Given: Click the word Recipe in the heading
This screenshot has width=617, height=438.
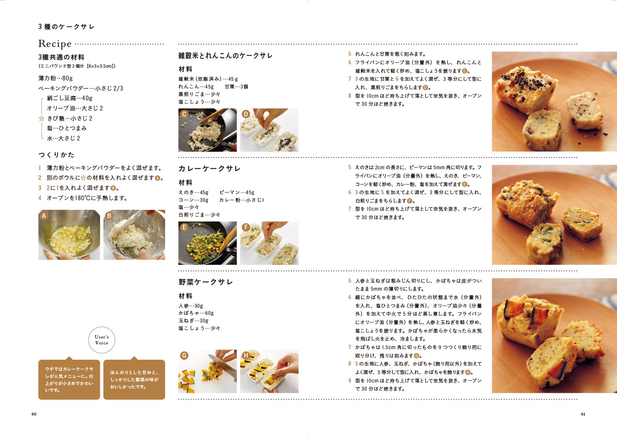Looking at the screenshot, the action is pos(55,44).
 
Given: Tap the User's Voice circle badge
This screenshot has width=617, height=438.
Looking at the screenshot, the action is pos(102,340).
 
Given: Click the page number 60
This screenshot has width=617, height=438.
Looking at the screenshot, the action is pos(34,414).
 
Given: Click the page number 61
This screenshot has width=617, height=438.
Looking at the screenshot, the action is pos(583,414).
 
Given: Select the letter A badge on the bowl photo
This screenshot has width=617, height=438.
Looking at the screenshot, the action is pos(44,216).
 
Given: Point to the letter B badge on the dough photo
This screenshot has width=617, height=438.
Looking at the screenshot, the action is pos(109,216).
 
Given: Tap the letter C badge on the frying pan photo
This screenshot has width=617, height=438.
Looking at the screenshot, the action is pos(184,114).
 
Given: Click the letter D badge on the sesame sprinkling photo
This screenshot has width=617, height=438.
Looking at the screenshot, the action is pos(246,114).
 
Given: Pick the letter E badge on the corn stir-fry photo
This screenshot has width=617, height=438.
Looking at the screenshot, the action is pos(184,227).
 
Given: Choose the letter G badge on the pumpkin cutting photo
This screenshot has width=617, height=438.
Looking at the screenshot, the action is pos(184,355).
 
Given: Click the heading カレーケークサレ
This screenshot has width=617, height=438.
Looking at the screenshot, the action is pos(209,168).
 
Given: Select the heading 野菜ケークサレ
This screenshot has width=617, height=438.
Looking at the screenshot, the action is pos(205,282).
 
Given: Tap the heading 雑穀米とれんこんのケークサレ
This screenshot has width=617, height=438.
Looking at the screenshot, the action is pos(225,55).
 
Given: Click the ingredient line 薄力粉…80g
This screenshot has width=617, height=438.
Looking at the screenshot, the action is pos(55,78).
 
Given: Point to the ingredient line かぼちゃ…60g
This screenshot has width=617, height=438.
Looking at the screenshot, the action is pos(196,313).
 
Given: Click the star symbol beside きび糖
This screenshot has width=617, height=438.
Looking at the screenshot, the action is pos(42,118).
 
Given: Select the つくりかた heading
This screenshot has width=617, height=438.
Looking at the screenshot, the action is pos(56,155).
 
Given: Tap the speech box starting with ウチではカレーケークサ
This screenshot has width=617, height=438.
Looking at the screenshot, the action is pos(69,379).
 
